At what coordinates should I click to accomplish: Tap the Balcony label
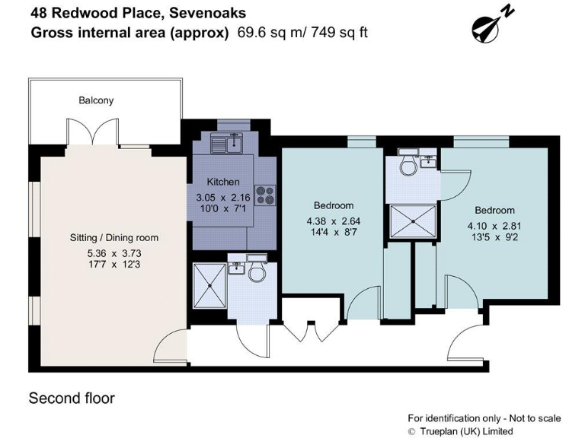point(96,100)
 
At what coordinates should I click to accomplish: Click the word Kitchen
point(223,182)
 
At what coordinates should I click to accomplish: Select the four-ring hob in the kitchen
point(265,195)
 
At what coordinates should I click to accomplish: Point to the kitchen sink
point(229,141)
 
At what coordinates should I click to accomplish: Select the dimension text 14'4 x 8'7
point(334,233)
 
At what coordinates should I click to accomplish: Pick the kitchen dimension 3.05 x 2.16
point(223,197)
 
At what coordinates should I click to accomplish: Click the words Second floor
point(72,398)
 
